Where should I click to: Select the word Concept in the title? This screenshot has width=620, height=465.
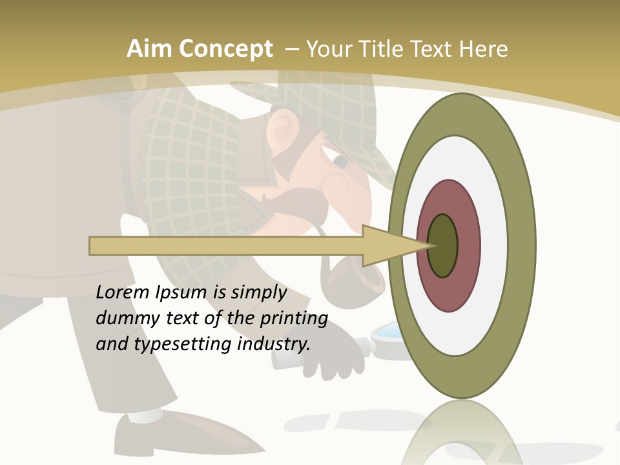tap(225, 49)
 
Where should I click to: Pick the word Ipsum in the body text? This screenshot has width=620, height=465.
tap(181, 293)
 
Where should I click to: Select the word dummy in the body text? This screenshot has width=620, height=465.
tap(123, 318)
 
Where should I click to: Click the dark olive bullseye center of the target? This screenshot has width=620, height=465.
tap(443, 245)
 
